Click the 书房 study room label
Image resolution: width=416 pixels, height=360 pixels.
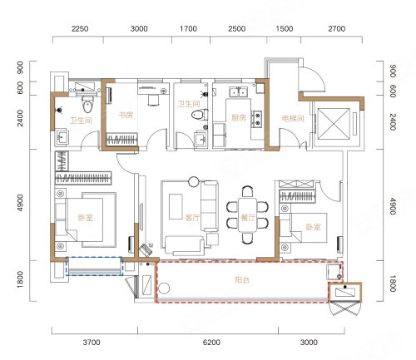click(126, 115)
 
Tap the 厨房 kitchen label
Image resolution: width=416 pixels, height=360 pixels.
click(239, 118)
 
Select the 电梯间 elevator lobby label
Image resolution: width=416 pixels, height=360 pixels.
click(293, 119)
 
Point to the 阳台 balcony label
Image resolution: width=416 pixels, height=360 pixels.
click(242, 279)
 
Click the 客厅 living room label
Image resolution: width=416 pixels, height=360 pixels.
click(192, 217)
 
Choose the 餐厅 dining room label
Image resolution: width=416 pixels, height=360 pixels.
click(248, 217)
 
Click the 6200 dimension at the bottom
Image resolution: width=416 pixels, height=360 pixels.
click(211, 343)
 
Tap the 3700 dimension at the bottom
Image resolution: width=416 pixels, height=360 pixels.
click(92, 343)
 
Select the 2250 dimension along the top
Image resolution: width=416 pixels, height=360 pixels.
click(80, 28)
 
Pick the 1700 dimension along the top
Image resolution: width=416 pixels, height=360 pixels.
click(188, 28)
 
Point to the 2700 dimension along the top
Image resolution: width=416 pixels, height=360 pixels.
click(337, 28)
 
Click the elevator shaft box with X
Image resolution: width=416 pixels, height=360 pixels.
click(334, 123)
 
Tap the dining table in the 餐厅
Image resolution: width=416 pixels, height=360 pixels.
click(248, 215)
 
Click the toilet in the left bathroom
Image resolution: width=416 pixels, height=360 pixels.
click(88, 105)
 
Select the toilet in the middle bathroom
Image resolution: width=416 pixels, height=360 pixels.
click(200, 115)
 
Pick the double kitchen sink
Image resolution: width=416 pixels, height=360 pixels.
click(238, 91)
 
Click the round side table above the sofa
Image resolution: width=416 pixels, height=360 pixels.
click(194, 181)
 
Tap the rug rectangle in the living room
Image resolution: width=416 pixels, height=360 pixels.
click(176, 206)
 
